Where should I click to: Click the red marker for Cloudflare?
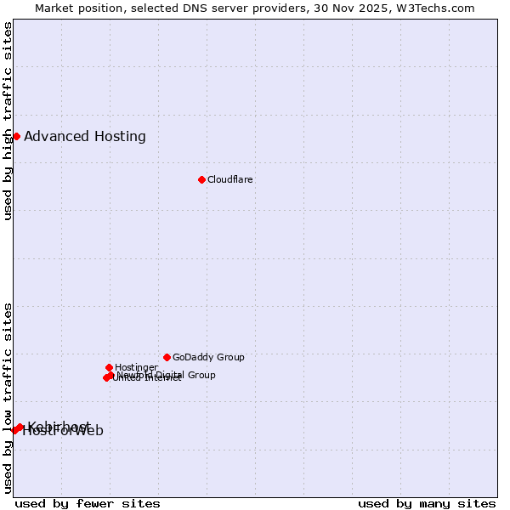[x=201, y=179]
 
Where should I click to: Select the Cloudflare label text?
[x=230, y=180]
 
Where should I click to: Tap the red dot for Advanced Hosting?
[x=16, y=136]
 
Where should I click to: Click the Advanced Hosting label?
[x=85, y=137]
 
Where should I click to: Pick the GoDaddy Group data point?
[x=167, y=357]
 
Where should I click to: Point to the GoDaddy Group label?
[x=208, y=358]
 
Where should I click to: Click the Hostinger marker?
[x=109, y=367]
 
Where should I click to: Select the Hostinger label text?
[x=136, y=368]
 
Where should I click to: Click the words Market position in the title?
[x=75, y=8]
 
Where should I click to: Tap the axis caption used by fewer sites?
[x=88, y=504]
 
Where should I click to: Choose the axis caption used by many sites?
[x=427, y=504]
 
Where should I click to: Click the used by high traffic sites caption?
[x=8, y=121]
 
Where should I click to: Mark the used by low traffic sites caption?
[x=8, y=397]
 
